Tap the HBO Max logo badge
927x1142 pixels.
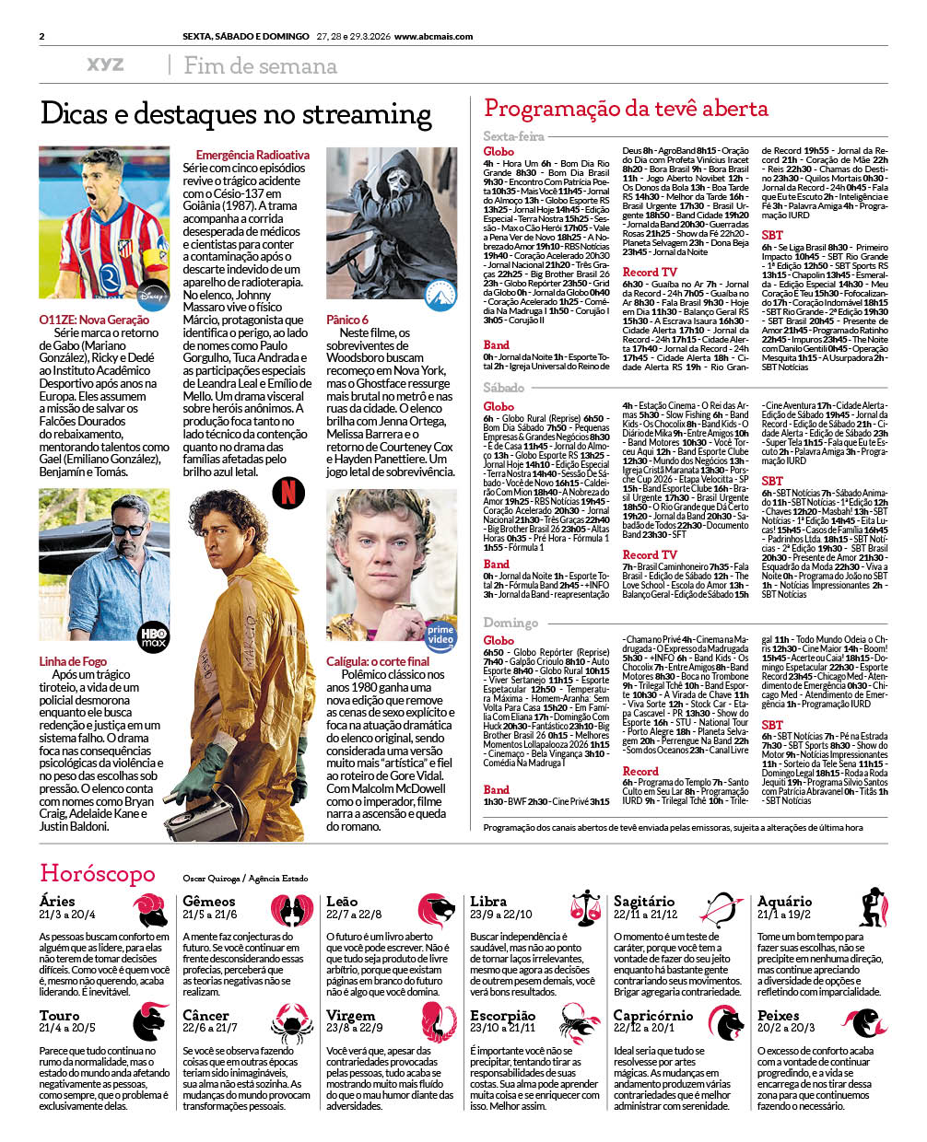153,637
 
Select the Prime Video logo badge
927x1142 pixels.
440,634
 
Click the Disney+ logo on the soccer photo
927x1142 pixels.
153,296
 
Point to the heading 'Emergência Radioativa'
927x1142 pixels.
252,156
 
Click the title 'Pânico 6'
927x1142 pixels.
347,320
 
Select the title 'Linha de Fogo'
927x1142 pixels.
73,661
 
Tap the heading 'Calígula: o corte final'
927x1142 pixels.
378,661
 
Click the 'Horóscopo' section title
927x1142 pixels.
98,873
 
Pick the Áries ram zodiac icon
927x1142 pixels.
149,909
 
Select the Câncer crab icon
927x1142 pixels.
292,1022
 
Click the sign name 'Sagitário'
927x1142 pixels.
644,902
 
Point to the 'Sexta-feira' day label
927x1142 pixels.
513,136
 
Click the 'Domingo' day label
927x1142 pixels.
510,623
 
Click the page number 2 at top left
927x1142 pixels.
42,37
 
